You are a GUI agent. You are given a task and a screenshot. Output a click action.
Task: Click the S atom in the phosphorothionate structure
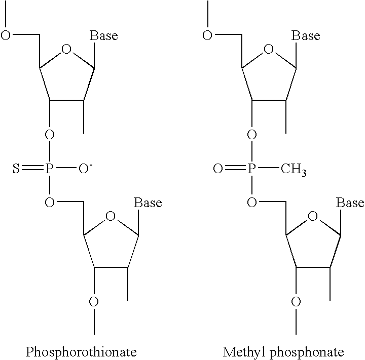point(16,169)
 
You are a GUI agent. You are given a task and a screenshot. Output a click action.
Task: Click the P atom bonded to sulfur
point(49,169)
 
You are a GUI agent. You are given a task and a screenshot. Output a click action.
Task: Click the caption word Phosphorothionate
point(81,351)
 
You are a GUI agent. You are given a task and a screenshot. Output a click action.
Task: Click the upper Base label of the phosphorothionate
point(104,35)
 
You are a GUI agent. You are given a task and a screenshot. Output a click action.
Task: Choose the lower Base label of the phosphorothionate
point(148,203)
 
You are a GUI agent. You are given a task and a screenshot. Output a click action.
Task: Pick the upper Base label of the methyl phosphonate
point(306,35)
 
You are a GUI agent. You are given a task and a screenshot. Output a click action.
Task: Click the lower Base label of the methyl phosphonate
point(350,203)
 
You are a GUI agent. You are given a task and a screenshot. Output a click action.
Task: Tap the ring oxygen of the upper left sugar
point(66,49)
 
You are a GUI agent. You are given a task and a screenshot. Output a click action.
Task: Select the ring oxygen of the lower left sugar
point(111,217)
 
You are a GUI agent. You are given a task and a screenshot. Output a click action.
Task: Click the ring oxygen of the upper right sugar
point(268,49)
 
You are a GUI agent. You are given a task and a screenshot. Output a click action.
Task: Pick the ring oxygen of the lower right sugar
point(313,217)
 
